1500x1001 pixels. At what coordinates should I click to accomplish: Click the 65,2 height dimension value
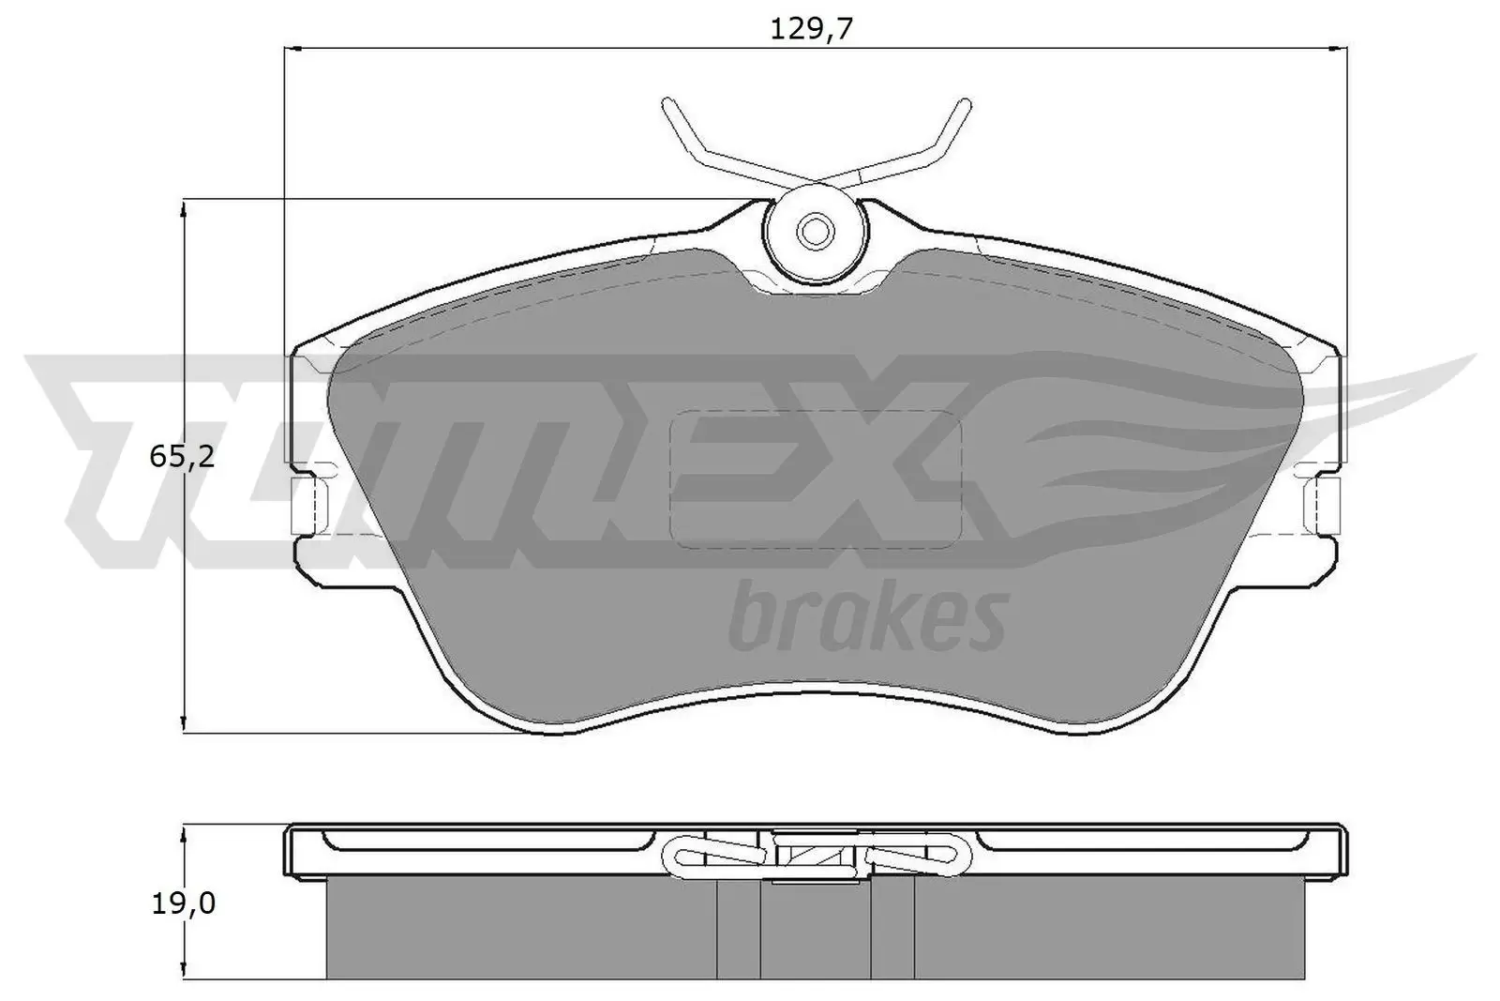coord(182,457)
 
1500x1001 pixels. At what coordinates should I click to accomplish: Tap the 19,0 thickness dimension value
coord(182,902)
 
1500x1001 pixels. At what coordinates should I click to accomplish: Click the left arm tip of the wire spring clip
coord(667,102)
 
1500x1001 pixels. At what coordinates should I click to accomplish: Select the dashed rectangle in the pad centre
coord(817,479)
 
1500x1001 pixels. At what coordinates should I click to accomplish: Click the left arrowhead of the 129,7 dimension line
coord(291,46)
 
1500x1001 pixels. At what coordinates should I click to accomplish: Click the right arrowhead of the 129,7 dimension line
coord(1342,46)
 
